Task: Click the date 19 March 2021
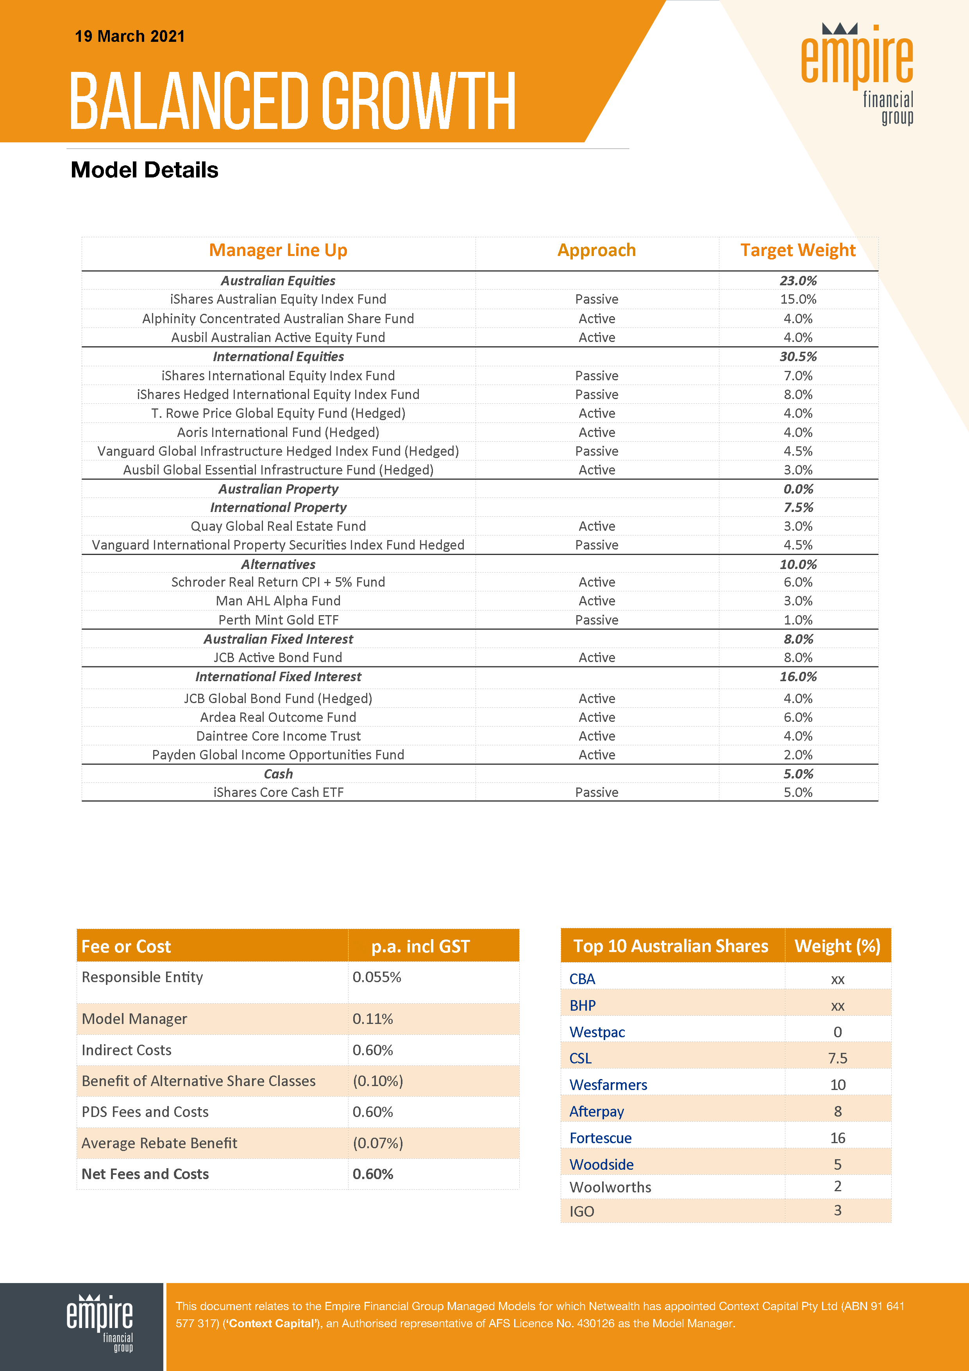pyautogui.click(x=130, y=36)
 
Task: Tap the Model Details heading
pyautogui.click(x=145, y=170)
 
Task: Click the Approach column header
pyautogui.click(x=597, y=250)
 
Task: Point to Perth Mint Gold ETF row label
pyautogui.click(x=278, y=620)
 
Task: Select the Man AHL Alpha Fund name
pyautogui.click(x=278, y=601)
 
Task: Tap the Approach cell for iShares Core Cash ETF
pyautogui.click(x=597, y=792)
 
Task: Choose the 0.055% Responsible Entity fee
pyautogui.click(x=377, y=977)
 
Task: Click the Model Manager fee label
pyautogui.click(x=134, y=1019)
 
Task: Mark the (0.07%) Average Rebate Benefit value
pyautogui.click(x=378, y=1143)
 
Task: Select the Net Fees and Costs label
pyautogui.click(x=145, y=1174)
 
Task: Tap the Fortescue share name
pyautogui.click(x=600, y=1138)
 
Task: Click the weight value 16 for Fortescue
pyautogui.click(x=838, y=1138)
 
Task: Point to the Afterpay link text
pyautogui.click(x=597, y=1111)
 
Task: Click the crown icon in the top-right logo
pyautogui.click(x=839, y=29)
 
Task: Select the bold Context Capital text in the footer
pyautogui.click(x=272, y=1324)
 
